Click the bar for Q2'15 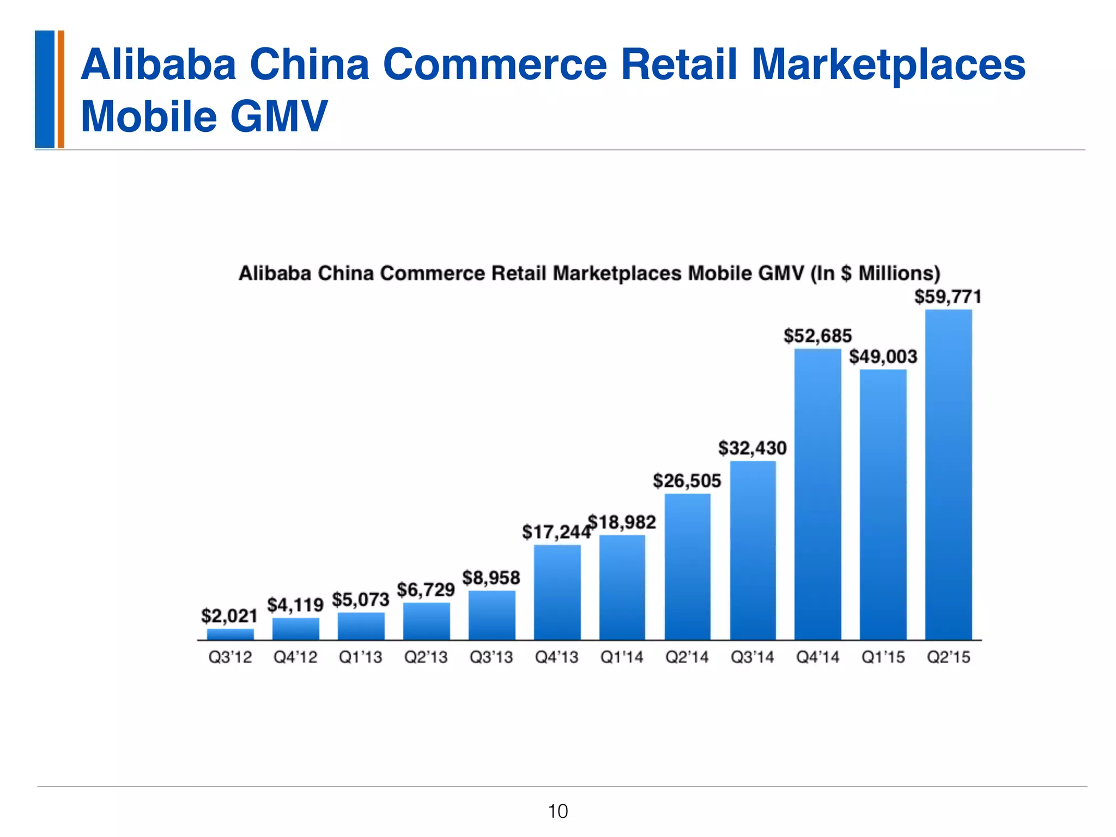click(948, 474)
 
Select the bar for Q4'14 click(817, 494)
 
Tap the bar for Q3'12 click(230, 634)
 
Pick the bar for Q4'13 click(557, 592)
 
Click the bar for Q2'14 click(687, 567)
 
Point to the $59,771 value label click(948, 297)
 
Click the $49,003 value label click(883, 357)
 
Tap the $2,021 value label click(229, 616)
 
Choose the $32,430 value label click(752, 448)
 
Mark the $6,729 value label click(426, 590)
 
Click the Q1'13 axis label click(360, 657)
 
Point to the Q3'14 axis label click(752, 657)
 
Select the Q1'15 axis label click(883, 657)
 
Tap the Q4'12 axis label click(295, 657)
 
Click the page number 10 click(557, 811)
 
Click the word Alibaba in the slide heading click(158, 64)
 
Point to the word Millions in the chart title click(899, 273)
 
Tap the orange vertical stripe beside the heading click(61, 89)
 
